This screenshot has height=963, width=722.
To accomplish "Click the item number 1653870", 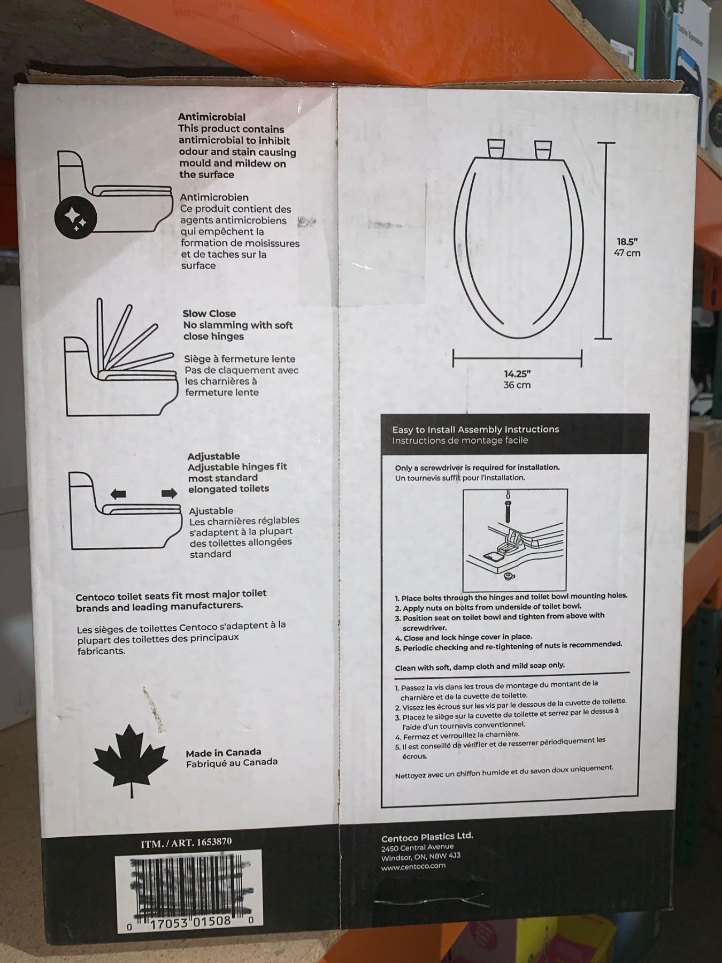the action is coord(214,842).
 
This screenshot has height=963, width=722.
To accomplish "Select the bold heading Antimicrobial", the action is coord(212,117).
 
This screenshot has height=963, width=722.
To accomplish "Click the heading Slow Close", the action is coord(209,314).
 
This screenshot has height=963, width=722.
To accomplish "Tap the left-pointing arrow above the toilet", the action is coord(118,494).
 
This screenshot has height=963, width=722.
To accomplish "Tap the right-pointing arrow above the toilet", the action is coord(169,493).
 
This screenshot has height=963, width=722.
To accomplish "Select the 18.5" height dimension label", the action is coord(627,241).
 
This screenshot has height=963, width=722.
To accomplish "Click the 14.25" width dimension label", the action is coord(517,374).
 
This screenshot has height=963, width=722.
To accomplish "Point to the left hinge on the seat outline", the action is coord(495,148).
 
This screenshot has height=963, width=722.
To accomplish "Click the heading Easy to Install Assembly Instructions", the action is coord(475,429).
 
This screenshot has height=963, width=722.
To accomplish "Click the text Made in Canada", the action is coord(224,753).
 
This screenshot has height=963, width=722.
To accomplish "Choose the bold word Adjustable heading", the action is coord(213,456).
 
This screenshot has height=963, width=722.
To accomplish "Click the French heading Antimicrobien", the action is coord(214,197).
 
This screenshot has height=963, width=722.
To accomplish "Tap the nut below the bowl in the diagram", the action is coord(508,576).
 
